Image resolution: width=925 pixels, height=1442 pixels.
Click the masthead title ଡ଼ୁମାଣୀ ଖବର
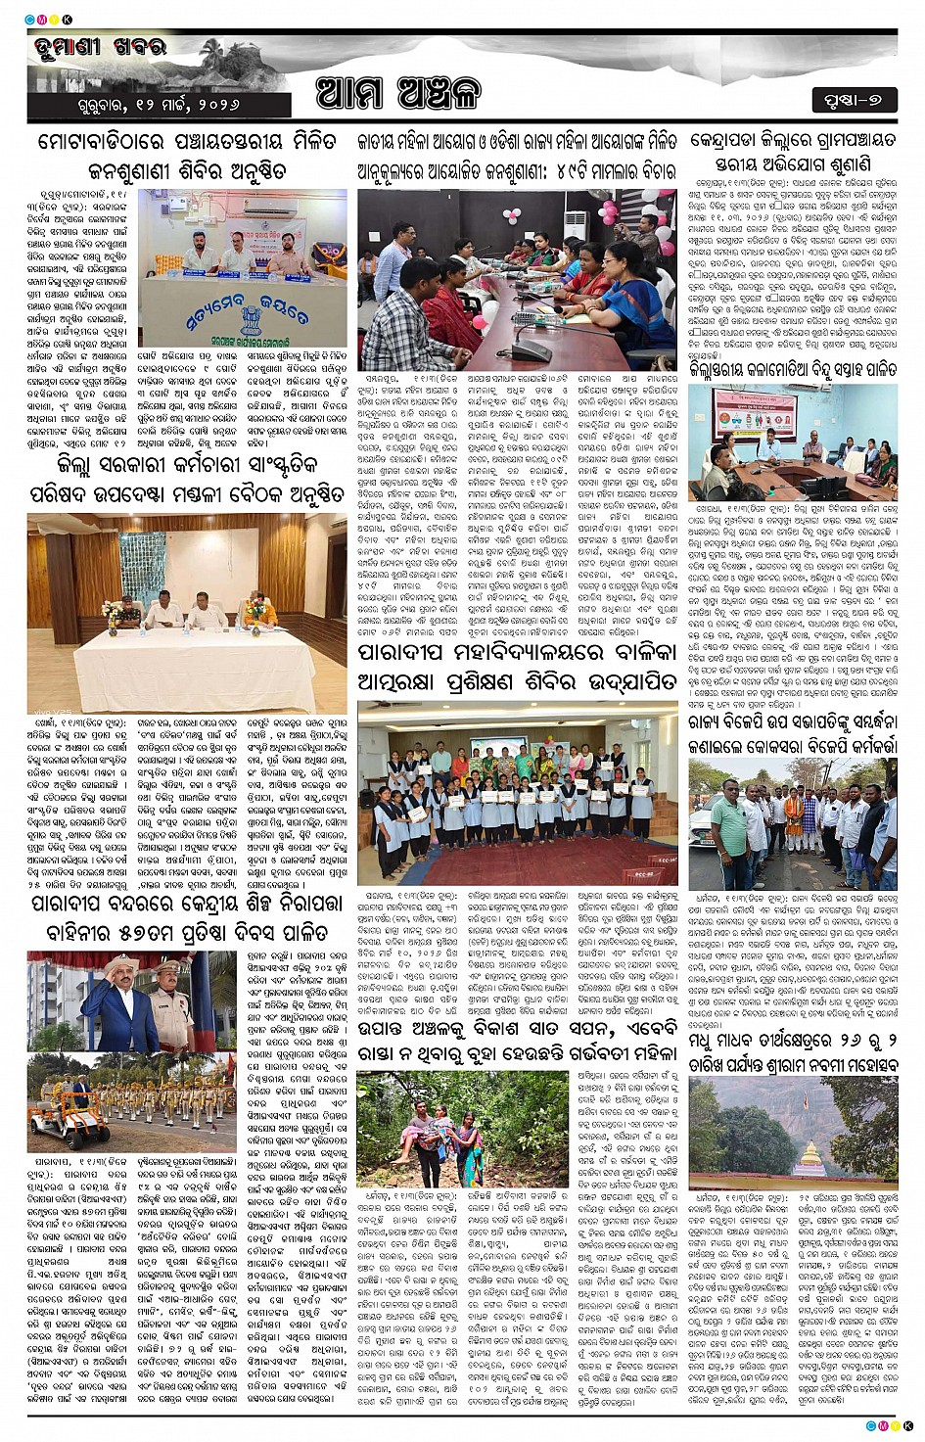101,46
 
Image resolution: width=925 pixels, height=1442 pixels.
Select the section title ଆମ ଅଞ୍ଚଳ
397,94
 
